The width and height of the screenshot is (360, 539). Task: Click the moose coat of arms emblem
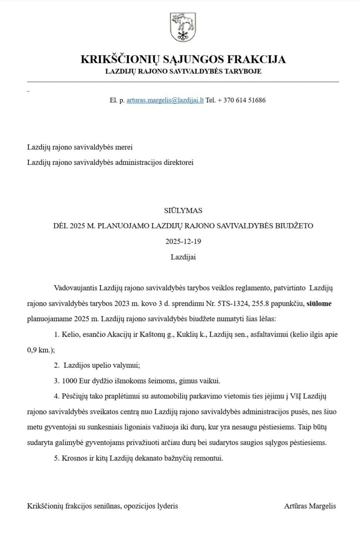coord(183,27)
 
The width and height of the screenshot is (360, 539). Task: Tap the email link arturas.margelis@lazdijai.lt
coord(165,100)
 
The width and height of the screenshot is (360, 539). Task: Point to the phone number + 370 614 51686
coord(241,100)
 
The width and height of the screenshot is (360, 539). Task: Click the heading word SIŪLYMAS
coord(183,211)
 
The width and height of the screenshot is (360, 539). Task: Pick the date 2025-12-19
coord(183,241)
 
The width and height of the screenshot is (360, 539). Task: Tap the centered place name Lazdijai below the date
coord(183,257)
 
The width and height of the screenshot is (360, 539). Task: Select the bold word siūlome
coord(319,303)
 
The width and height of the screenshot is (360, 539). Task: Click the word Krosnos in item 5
coord(74,458)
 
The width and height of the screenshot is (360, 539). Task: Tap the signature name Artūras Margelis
coord(310,506)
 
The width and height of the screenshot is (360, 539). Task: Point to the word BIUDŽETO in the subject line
coord(294,226)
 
